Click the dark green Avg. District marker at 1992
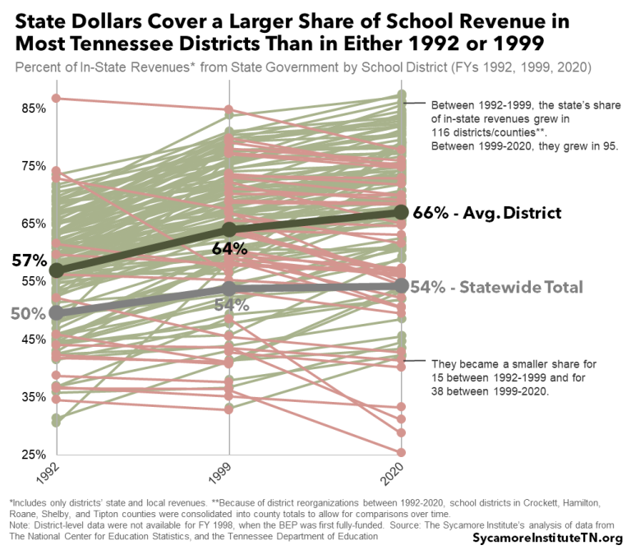coord(57,270)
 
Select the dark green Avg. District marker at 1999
coord(229,229)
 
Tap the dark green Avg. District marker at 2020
coord(401,213)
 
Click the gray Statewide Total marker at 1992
coord(57,312)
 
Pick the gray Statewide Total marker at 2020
coord(401,285)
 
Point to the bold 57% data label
coord(29,261)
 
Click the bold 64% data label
coord(229,248)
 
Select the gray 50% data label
coord(27,314)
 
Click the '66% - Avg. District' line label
coord(486,213)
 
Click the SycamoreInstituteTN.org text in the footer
coord(543,536)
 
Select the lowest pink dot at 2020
coord(401,453)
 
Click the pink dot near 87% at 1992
coord(57,99)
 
